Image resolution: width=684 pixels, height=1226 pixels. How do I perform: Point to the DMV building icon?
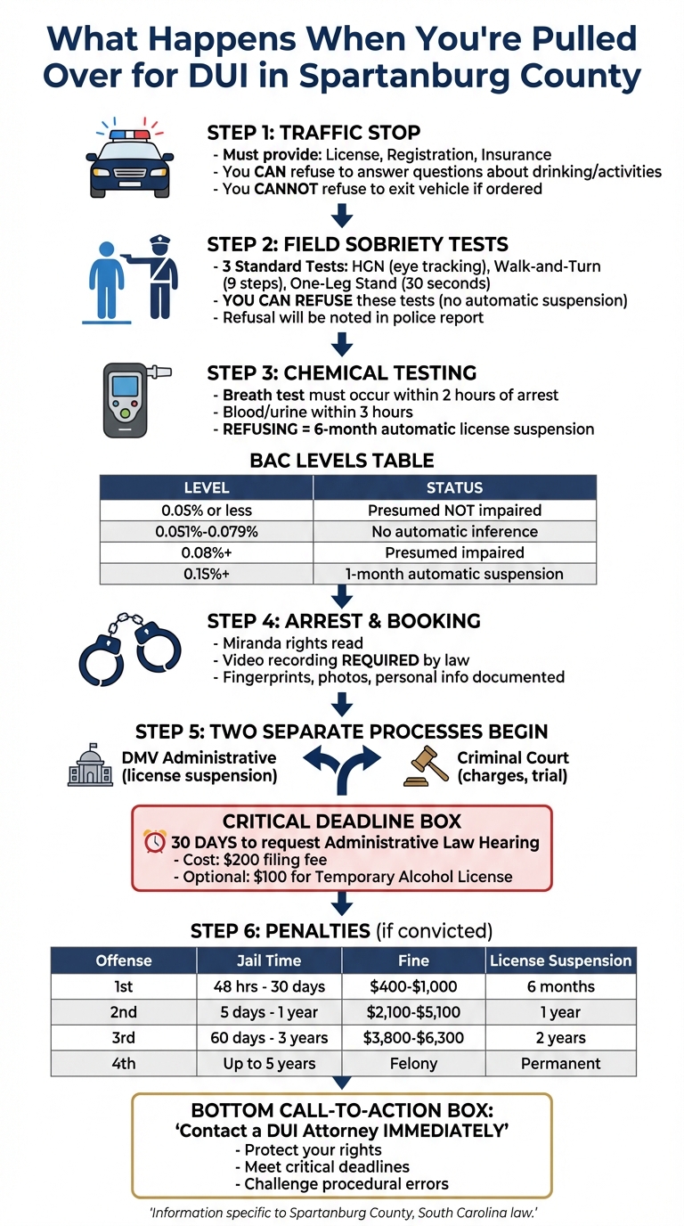point(90,766)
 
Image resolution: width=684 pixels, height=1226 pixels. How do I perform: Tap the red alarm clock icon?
point(155,842)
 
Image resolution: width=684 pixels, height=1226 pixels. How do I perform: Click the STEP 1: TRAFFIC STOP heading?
point(313,133)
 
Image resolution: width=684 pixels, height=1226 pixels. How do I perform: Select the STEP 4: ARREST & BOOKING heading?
point(344,620)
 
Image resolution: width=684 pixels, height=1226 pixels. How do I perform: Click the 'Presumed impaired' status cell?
point(454,552)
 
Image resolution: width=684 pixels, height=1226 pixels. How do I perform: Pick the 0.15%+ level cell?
point(207,574)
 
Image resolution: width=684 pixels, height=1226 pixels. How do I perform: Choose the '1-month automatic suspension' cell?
point(454,574)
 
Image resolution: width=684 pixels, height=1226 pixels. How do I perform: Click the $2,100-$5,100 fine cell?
point(413,1012)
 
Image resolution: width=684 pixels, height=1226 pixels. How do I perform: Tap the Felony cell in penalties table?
point(413,1063)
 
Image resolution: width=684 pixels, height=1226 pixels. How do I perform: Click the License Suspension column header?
point(561,960)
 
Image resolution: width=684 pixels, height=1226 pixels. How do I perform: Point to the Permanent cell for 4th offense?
point(561,1063)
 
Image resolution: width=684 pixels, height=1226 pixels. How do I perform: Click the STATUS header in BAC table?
point(454,487)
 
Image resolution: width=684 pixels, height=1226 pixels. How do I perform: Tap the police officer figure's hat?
point(159,242)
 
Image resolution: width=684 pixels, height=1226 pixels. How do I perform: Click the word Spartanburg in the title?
point(411,76)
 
